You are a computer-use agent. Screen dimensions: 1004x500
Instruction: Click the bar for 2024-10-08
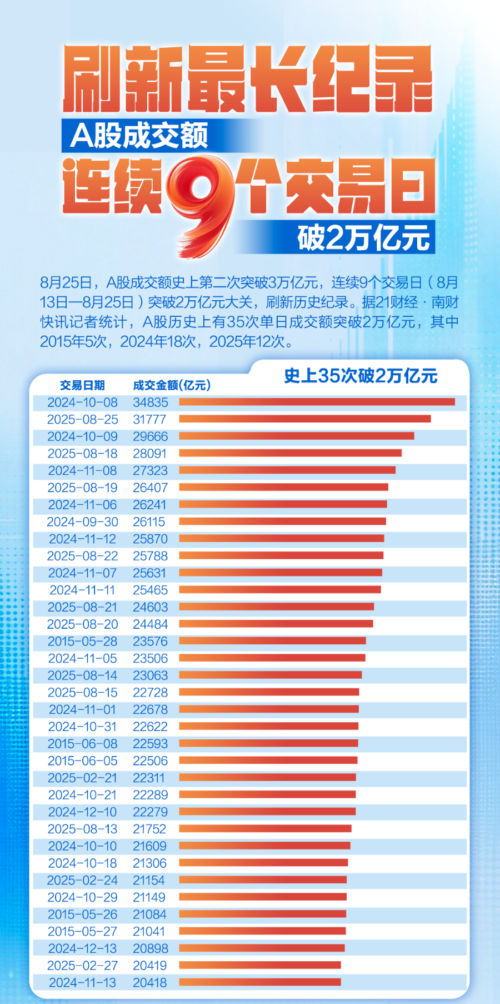(x=317, y=402)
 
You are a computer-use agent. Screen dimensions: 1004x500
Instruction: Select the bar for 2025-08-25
(x=304, y=419)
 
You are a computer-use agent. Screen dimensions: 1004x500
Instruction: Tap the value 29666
(x=150, y=436)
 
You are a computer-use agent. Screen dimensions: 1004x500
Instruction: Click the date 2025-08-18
(x=82, y=454)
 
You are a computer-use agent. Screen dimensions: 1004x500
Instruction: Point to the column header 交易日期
(x=82, y=385)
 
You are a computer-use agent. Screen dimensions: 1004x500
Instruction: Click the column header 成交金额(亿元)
(x=172, y=385)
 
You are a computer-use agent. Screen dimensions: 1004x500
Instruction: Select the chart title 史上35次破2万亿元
(x=361, y=376)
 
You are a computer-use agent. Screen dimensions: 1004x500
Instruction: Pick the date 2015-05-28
(x=82, y=642)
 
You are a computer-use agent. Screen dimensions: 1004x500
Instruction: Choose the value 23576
(x=150, y=642)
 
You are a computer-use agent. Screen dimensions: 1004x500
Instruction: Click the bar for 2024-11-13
(x=259, y=982)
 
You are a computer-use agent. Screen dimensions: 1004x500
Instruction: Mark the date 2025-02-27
(x=82, y=966)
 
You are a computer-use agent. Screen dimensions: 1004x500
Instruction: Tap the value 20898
(x=150, y=948)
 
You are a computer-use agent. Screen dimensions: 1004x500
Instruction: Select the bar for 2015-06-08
(x=268, y=743)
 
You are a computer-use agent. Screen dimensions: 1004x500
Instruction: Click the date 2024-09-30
(x=82, y=522)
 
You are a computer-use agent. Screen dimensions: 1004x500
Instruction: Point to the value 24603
(x=150, y=607)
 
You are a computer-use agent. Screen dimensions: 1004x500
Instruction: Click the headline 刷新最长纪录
(x=248, y=79)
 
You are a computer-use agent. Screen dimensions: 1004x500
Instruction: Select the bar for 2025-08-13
(x=265, y=829)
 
